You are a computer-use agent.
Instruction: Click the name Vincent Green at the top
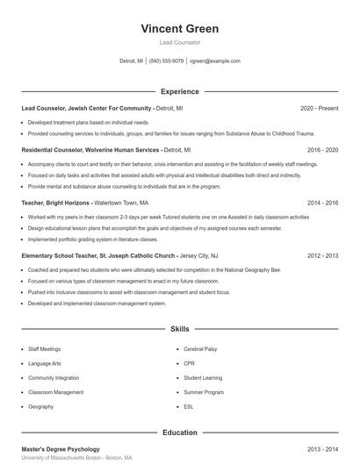pyautogui.click(x=179, y=29)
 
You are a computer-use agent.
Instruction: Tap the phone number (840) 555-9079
pyautogui.click(x=166, y=61)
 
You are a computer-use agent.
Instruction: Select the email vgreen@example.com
pyautogui.click(x=216, y=61)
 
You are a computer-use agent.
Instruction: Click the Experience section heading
pyautogui.click(x=179, y=91)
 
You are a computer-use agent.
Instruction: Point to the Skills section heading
pyautogui.click(x=179, y=329)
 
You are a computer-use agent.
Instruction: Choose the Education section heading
pyautogui.click(x=179, y=433)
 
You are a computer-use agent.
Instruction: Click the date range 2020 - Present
pyautogui.click(x=319, y=108)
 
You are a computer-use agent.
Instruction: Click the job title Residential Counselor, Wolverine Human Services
pyautogui.click(x=90, y=150)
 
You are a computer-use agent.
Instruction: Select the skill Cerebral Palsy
pyautogui.click(x=201, y=348)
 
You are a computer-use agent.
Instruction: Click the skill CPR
pyautogui.click(x=189, y=363)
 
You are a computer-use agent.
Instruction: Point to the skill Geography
pyautogui.click(x=40, y=407)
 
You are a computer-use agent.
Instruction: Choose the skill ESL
pyautogui.click(x=189, y=407)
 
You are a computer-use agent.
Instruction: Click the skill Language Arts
pyautogui.click(x=45, y=363)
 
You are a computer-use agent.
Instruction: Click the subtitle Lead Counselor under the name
pyautogui.click(x=179, y=42)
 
